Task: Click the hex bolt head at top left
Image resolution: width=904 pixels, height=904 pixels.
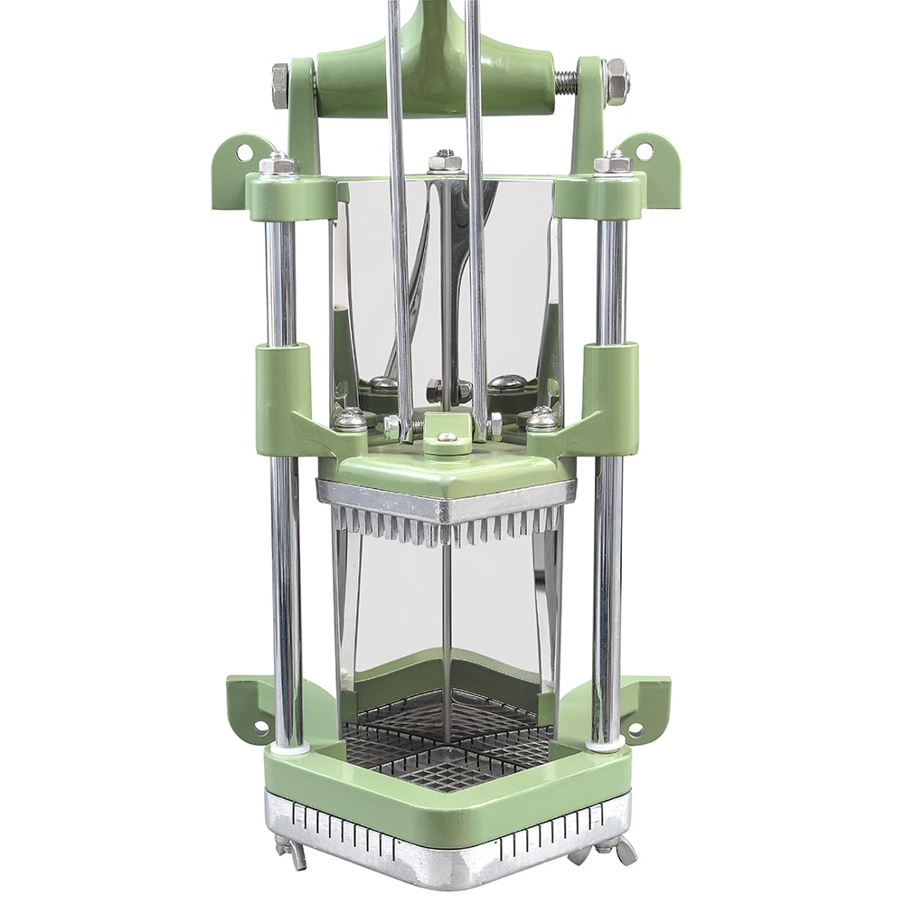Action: point(280,85)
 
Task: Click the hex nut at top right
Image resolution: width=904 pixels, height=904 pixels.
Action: point(617,79)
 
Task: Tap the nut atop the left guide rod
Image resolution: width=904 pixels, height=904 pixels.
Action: point(278,165)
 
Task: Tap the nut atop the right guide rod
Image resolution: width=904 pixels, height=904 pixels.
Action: point(612,164)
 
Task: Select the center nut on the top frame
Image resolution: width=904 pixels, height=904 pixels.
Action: point(445,162)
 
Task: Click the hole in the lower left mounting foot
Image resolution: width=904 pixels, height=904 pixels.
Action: point(259,726)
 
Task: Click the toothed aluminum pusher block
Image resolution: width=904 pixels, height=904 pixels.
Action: point(446,516)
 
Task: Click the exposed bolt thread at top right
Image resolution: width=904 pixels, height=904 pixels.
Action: point(566,82)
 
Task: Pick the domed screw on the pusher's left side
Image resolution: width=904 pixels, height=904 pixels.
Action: point(352,418)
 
